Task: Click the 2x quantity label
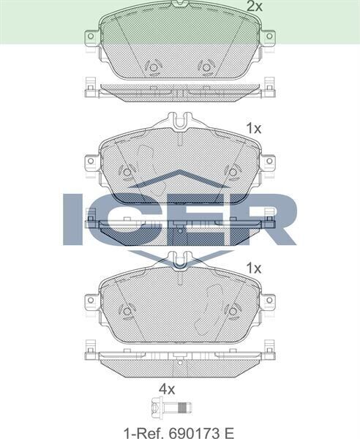pyautogui.click(x=254, y=7)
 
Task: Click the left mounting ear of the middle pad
pyautogui.click(x=91, y=161)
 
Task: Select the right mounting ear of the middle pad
pyautogui.click(x=268, y=161)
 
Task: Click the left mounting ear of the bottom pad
pyautogui.click(x=91, y=300)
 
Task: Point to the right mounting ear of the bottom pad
pyautogui.click(x=268, y=300)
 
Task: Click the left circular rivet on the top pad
pyautogui.click(x=153, y=69)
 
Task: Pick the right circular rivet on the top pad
pyautogui.click(x=206, y=69)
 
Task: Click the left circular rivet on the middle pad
pyautogui.click(x=127, y=173)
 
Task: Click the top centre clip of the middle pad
pyautogui.click(x=179, y=120)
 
